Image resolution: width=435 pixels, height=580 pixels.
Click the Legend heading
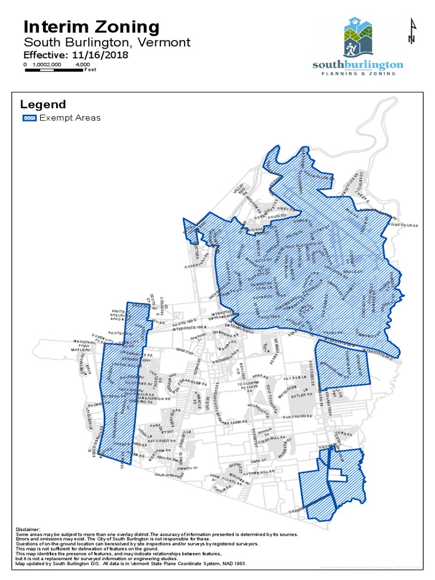[x=43, y=104]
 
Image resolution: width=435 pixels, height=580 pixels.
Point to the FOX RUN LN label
[x=295, y=376]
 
